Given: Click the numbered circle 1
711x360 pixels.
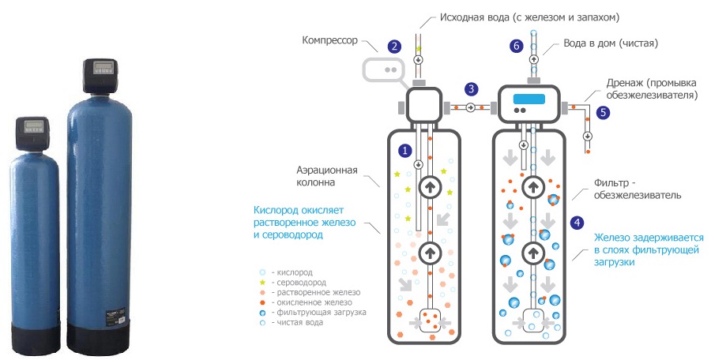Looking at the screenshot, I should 405,149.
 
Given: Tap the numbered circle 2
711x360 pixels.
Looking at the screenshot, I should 395,47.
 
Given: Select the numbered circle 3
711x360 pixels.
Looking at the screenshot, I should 472,88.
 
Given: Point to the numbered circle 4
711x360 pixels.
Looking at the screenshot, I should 577,223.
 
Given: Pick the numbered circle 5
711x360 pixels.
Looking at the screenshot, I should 604,112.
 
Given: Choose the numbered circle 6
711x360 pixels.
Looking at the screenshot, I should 517,47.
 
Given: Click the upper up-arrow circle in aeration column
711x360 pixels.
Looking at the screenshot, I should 430,186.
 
